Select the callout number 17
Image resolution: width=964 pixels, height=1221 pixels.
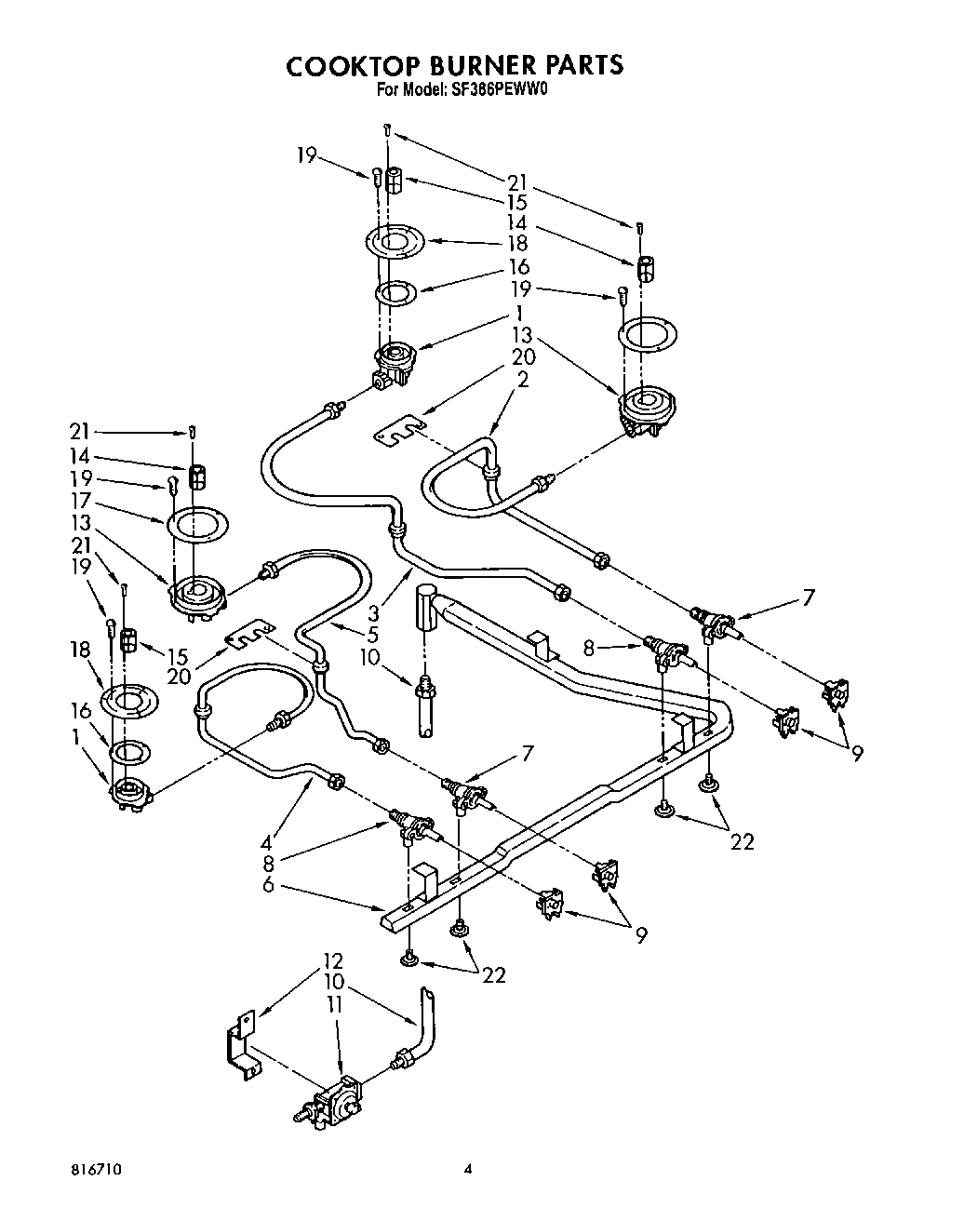pos(81,501)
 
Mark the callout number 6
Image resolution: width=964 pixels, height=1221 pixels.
pos(268,885)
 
